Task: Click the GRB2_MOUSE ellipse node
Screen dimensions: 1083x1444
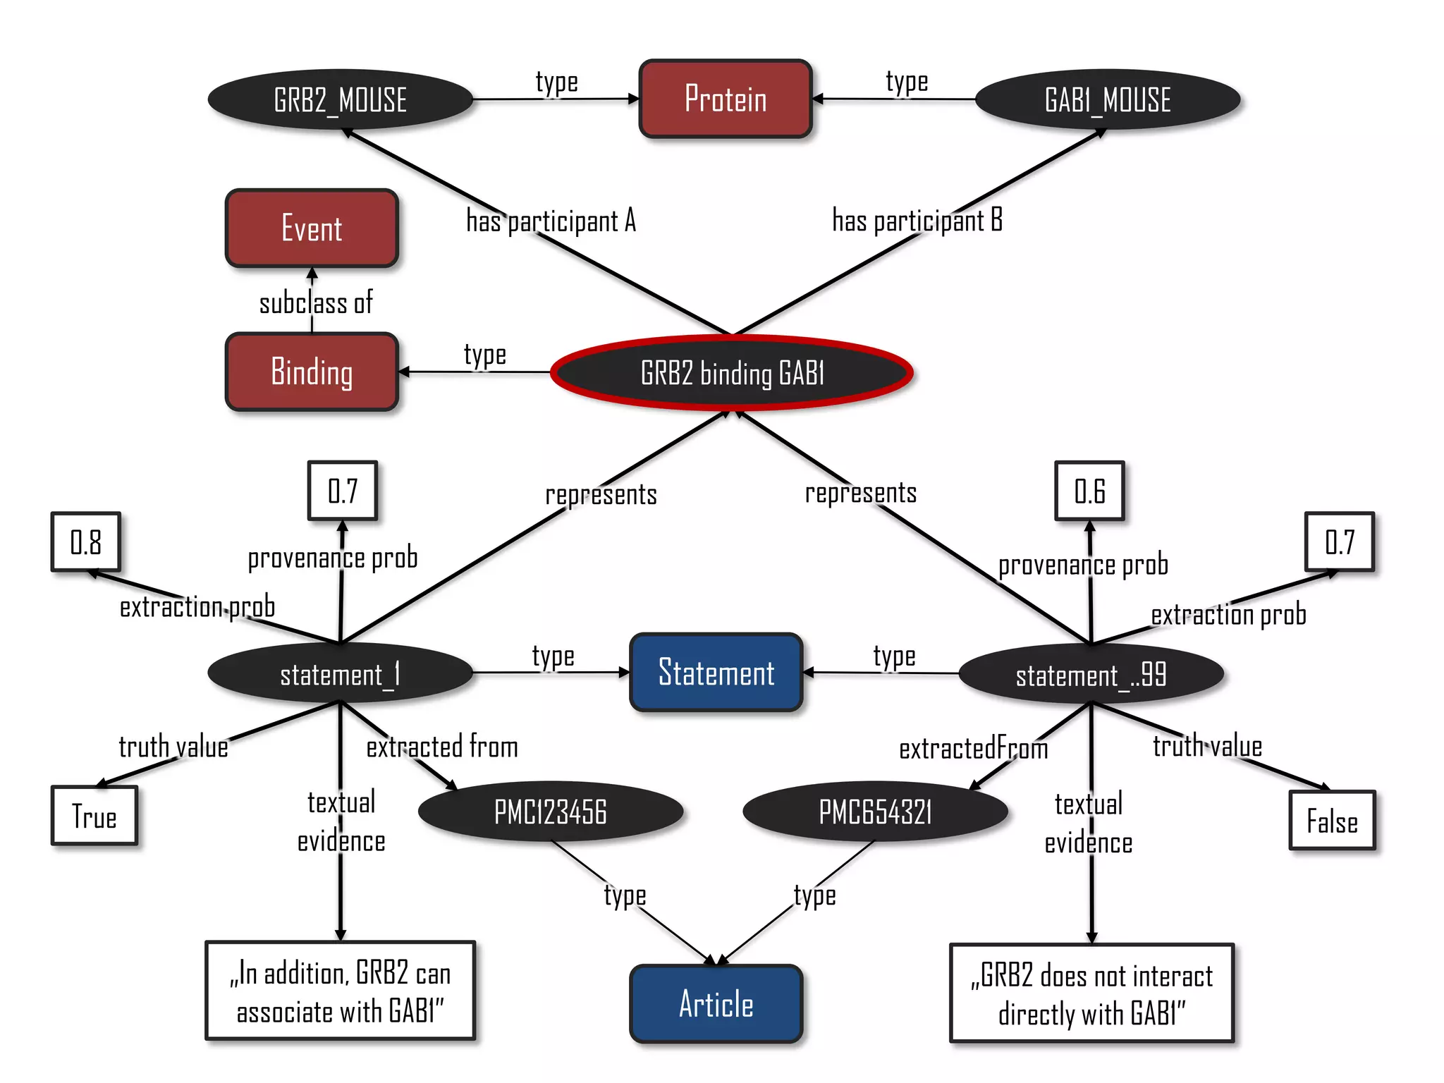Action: click(340, 99)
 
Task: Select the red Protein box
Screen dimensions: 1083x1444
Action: click(726, 99)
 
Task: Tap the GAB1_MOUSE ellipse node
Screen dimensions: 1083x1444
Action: click(1107, 99)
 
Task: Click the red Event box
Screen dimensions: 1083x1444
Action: click(312, 228)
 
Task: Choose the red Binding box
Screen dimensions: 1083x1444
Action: click(312, 372)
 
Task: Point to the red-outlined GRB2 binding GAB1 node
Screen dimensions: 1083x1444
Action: click(732, 373)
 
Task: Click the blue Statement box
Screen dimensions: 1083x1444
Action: click(716, 673)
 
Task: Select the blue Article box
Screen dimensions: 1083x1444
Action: click(716, 1004)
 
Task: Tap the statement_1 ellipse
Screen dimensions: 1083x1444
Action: click(340, 674)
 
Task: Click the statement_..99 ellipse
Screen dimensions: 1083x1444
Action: click(1091, 675)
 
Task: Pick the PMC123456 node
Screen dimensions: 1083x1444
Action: click(550, 812)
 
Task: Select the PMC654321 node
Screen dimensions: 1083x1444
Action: click(875, 812)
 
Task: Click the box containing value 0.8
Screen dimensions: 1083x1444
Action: click(86, 542)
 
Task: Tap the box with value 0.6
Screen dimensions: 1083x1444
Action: click(1089, 491)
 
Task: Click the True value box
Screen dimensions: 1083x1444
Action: click(94, 816)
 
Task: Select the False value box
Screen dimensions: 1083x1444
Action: click(1332, 821)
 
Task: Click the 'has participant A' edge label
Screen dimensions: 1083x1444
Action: click(551, 221)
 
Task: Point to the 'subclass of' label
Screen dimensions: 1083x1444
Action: click(315, 303)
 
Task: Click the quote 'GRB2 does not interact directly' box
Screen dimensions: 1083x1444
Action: click(1091, 993)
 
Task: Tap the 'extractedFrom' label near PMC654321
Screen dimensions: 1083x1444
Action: click(973, 748)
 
